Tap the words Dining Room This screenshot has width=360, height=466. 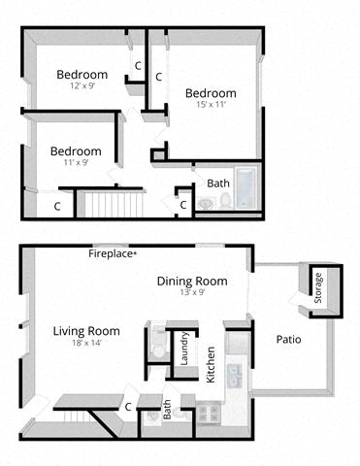click(x=192, y=282)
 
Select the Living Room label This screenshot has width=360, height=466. click(x=86, y=331)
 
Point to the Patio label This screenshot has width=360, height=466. click(x=288, y=340)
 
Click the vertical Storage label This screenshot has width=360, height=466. click(x=317, y=288)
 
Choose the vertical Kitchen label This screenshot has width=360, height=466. click(x=211, y=364)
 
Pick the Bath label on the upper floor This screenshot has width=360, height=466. click(x=217, y=183)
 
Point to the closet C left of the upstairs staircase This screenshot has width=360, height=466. click(x=57, y=206)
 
